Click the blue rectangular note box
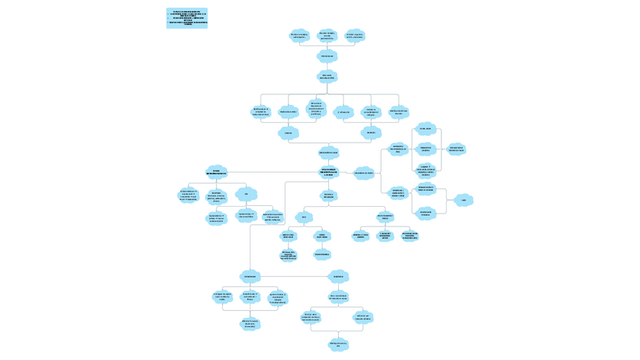186,18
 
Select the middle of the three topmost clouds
327,35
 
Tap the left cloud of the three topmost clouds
299,35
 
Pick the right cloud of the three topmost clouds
355,35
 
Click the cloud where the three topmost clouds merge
327,56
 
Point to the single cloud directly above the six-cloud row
327,76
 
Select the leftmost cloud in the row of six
260,112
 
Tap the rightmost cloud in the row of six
398,112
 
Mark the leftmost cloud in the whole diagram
189,195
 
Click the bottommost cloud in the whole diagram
338,345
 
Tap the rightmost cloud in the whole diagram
463,200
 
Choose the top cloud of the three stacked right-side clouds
426,129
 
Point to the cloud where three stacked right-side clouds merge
456,149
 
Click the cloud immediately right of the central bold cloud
364,173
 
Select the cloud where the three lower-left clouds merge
250,324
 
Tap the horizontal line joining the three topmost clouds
327,47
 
